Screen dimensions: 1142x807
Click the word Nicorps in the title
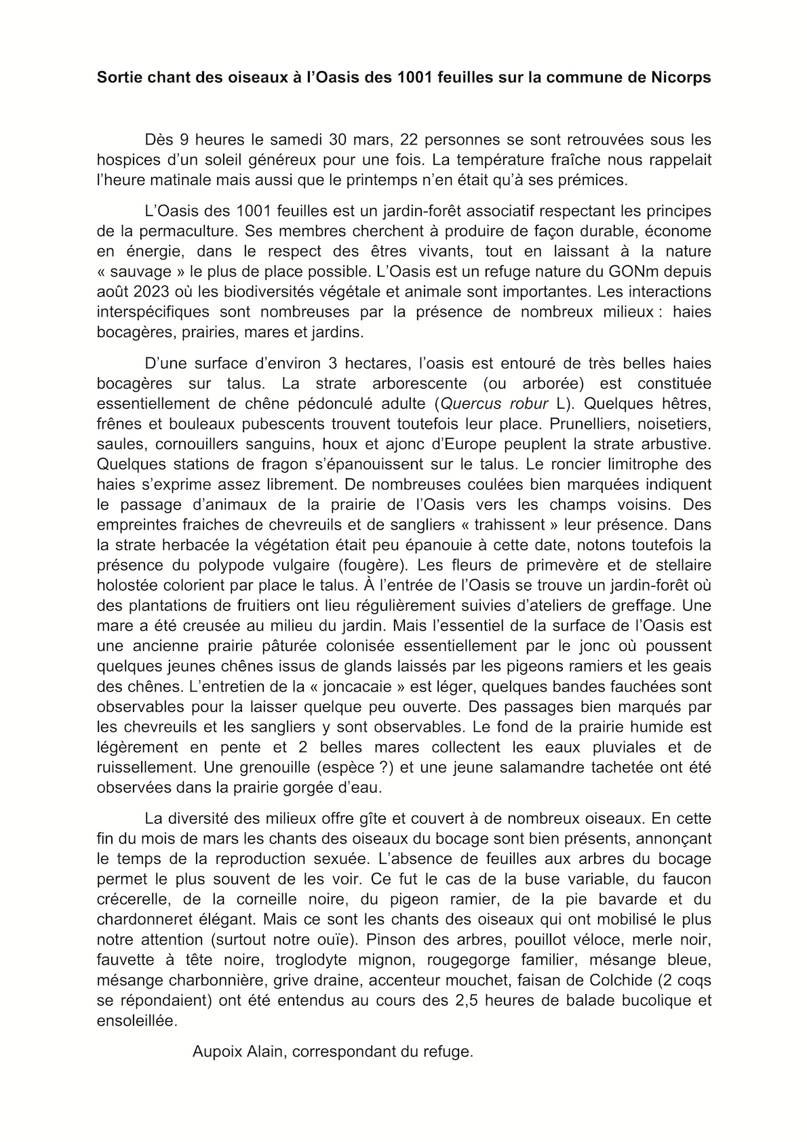pyautogui.click(x=682, y=77)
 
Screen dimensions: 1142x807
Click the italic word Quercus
pyautogui.click(x=471, y=404)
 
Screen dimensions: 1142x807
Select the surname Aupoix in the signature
pyautogui.click(x=214, y=1052)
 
